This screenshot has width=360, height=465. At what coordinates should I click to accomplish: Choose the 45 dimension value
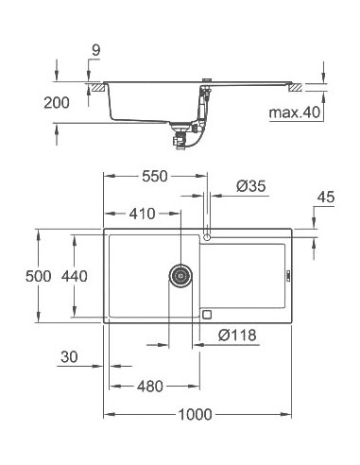pyautogui.click(x=326, y=198)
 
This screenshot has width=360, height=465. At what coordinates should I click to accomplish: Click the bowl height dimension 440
pyautogui.click(x=74, y=276)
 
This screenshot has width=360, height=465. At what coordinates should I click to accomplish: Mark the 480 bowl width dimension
pyautogui.click(x=149, y=387)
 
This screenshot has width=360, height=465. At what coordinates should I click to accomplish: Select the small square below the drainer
pyautogui.click(x=207, y=314)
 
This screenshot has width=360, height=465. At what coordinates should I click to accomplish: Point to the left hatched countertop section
pyautogui.click(x=96, y=87)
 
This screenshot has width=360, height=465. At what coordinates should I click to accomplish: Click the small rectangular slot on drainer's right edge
pyautogui.click(x=281, y=275)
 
